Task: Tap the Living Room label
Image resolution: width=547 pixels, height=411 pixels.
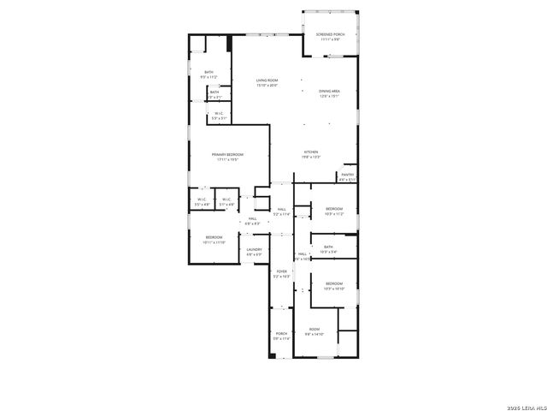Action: [267, 83]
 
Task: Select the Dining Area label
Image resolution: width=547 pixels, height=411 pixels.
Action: [330, 93]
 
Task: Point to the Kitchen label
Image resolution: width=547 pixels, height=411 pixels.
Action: [311, 154]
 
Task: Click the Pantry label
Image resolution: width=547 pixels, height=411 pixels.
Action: [347, 177]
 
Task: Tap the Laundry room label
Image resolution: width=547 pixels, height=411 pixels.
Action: [255, 252]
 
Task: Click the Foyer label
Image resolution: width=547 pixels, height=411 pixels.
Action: [281, 274]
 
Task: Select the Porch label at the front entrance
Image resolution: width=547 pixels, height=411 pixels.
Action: [281, 337]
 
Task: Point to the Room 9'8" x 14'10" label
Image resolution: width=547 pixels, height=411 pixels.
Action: [315, 332]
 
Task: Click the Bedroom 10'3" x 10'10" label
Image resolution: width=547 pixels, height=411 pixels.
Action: [333, 286]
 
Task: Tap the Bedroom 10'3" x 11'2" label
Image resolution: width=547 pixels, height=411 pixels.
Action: [333, 211]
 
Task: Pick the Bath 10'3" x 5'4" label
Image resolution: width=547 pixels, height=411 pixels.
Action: [329, 249]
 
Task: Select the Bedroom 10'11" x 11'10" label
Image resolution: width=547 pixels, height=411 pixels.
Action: [213, 240]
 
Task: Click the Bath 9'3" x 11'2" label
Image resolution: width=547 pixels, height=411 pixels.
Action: [209, 74]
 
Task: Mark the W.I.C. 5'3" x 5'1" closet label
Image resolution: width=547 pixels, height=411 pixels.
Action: [219, 115]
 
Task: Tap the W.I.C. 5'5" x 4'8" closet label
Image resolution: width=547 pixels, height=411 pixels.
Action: [202, 203]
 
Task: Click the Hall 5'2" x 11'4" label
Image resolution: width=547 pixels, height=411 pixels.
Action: [281, 211]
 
